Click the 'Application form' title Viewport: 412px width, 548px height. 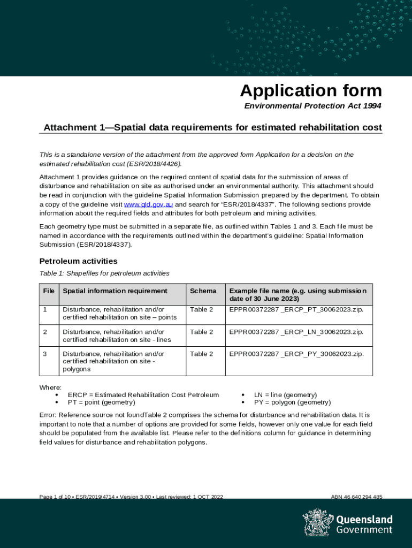click(311, 90)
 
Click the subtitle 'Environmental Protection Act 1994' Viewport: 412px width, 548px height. click(312, 106)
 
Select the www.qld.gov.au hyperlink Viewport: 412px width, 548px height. click(148, 205)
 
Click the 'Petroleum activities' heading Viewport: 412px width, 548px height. click(78, 261)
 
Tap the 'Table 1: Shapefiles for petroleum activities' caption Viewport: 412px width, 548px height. click(104, 273)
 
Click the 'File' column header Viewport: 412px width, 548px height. click(49, 291)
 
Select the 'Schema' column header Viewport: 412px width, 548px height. click(203, 291)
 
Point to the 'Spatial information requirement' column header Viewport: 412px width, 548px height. click(115, 291)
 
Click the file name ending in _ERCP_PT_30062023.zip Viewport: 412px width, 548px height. click(296, 310)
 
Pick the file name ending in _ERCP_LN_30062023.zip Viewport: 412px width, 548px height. click(296, 332)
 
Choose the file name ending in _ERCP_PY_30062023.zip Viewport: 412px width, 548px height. click(296, 354)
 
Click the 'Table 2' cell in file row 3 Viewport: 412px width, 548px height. click(201, 354)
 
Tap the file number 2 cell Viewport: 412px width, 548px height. click(45, 332)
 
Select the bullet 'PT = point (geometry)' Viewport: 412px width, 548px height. click(101, 402)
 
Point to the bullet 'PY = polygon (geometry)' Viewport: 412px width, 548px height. click(292, 402)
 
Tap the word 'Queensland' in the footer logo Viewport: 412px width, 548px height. click(364, 520)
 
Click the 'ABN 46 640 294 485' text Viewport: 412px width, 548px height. click(356, 497)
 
